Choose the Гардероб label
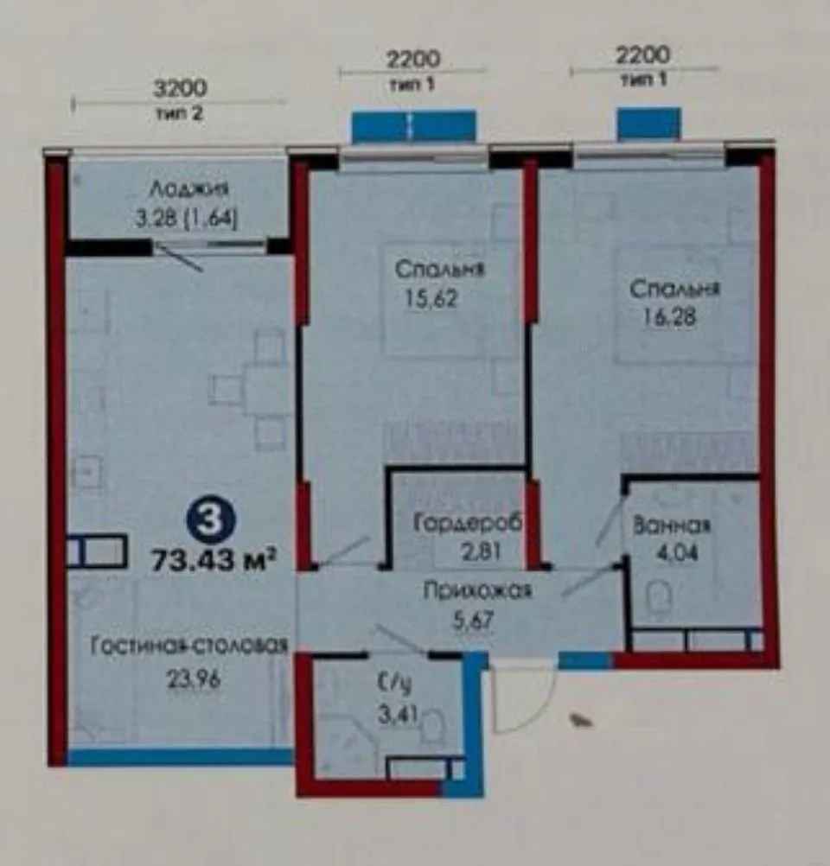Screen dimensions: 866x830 (x=458, y=524)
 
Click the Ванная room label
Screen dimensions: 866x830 (x=671, y=525)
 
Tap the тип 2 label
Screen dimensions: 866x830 (x=179, y=113)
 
